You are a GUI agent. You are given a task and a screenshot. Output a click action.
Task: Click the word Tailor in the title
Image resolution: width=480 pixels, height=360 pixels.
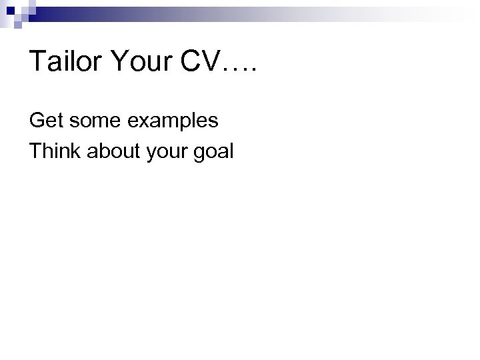[x=67, y=63]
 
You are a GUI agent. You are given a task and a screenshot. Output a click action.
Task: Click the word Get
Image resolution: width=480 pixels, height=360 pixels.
[x=45, y=121]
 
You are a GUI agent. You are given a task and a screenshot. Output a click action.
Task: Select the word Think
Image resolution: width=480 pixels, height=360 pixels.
[x=53, y=151]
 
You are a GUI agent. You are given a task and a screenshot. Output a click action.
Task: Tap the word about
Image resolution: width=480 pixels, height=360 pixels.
[x=108, y=151]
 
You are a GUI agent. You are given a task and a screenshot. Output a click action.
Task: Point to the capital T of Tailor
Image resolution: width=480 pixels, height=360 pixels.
[x=37, y=63]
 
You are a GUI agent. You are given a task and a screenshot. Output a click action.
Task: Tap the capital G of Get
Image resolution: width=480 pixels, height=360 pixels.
[x=36, y=121]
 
